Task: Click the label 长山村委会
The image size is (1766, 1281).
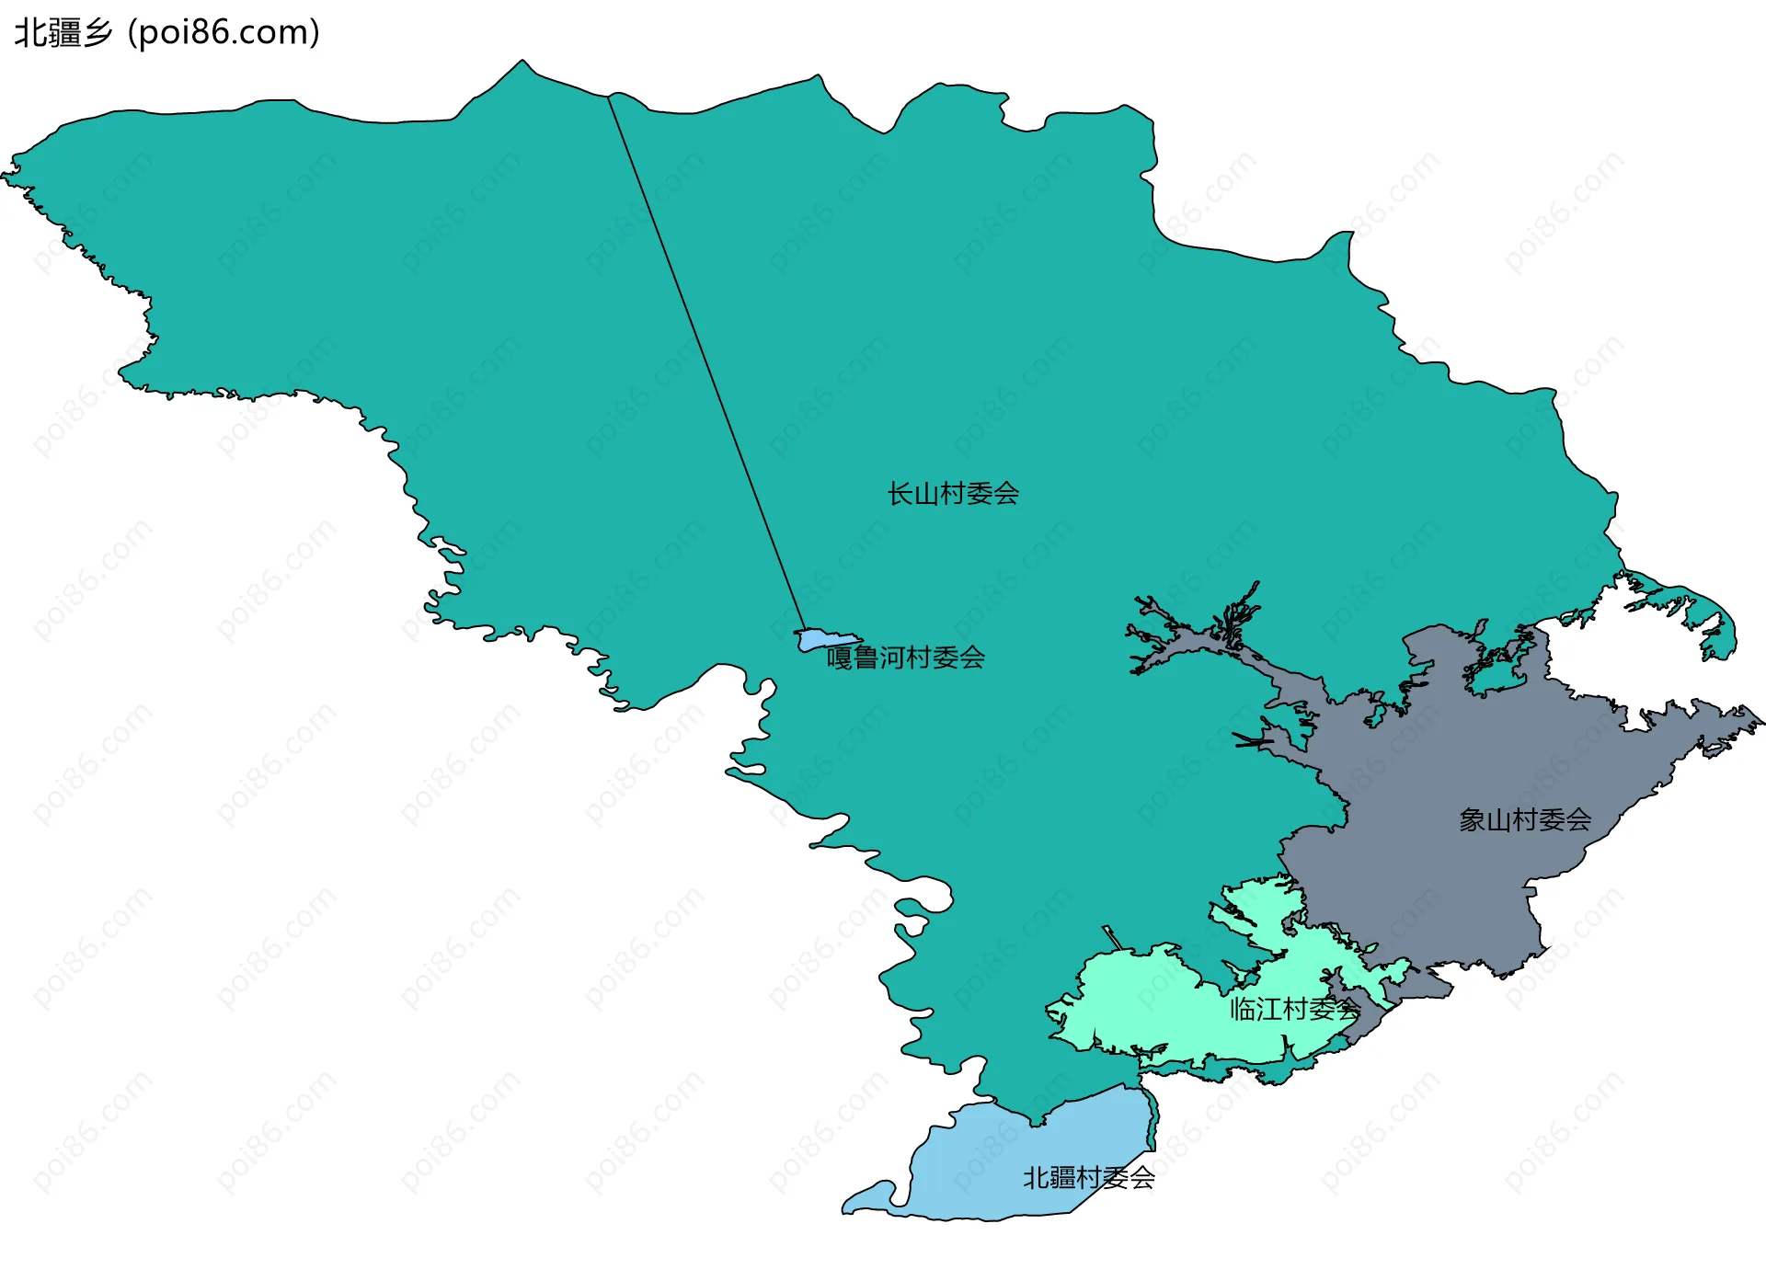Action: click(953, 494)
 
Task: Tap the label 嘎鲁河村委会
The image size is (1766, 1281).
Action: click(906, 658)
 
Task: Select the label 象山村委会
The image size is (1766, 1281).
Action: click(1525, 819)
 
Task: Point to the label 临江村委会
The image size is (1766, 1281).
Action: click(1294, 1009)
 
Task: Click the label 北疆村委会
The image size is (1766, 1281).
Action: click(1089, 1177)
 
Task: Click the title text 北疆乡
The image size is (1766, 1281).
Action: click(63, 32)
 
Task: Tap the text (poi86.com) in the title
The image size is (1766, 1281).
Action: click(224, 32)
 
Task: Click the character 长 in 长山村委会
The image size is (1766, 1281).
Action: click(900, 494)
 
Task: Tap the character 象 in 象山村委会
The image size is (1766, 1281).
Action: click(1472, 819)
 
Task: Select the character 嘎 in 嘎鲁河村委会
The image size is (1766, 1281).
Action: click(839, 658)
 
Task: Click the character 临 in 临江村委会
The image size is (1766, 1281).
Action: click(1243, 1009)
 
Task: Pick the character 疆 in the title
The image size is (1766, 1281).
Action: click(63, 32)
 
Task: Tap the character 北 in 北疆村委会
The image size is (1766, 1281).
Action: click(1036, 1177)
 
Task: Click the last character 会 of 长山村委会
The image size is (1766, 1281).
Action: click(1006, 494)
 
